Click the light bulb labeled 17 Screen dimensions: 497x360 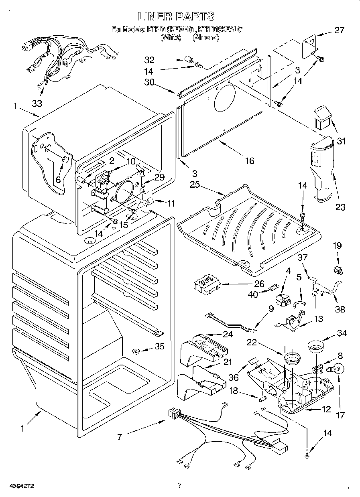pos(337,368)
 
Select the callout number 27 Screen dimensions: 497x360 pos(339,30)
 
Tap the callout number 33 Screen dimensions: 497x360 pos(37,103)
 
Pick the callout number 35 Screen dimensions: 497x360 pos(159,347)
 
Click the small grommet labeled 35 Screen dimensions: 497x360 pos(136,352)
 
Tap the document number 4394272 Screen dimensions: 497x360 pos(17,487)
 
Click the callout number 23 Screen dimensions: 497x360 pos(341,207)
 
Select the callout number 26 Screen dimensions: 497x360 pos(260,284)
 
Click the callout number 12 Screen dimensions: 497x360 pos(326,410)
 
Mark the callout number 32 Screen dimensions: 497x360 pos(149,60)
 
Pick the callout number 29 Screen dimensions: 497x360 pos(159,177)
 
